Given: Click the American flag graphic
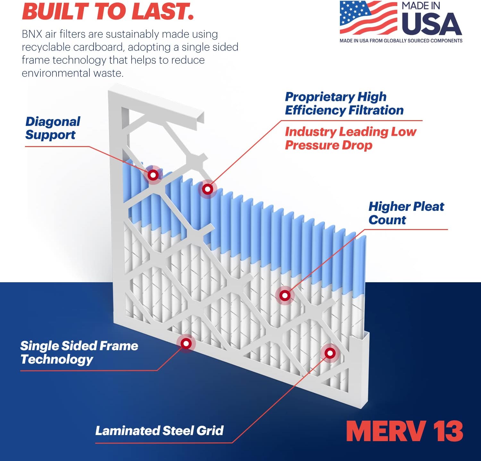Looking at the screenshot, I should (368, 18).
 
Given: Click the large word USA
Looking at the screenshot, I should (431, 24).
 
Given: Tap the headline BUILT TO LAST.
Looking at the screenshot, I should (108, 11).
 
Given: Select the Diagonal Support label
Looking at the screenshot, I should (53, 128).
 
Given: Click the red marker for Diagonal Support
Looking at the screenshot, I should (153, 175).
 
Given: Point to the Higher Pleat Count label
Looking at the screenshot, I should (406, 213).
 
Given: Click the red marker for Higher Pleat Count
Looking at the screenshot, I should (285, 295).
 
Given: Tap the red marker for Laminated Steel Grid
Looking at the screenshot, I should (330, 353).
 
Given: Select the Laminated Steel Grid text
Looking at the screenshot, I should (159, 431).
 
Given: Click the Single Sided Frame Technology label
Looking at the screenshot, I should (79, 352).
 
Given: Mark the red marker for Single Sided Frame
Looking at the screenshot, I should (186, 343).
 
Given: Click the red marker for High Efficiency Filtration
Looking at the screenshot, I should (207, 189).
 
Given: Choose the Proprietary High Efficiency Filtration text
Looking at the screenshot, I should (344, 103).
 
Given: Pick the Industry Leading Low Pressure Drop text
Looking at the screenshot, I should (350, 138).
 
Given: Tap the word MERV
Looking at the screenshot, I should (386, 431).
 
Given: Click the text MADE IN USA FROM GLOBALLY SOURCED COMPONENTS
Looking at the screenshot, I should (401, 41).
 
